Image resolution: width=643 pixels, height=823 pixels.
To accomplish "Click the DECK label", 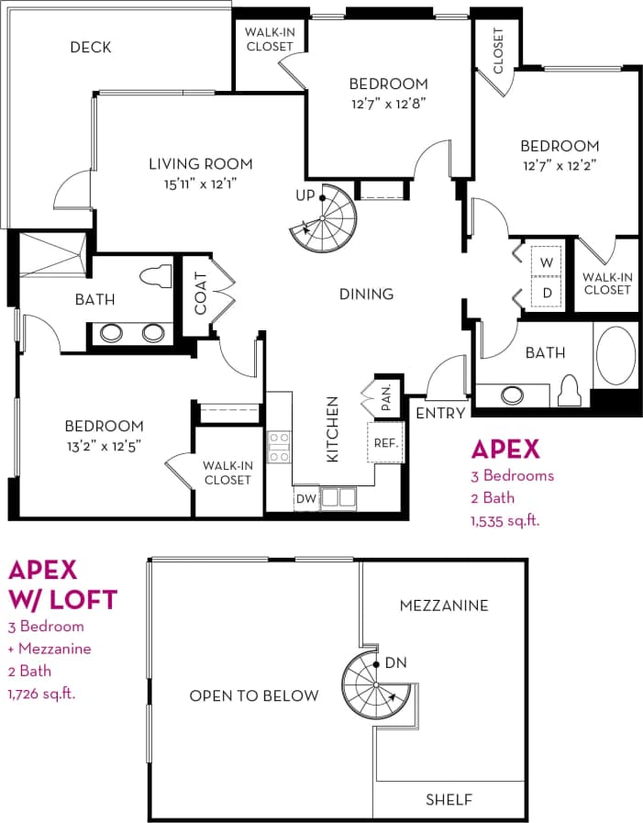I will pyautogui.click(x=91, y=47).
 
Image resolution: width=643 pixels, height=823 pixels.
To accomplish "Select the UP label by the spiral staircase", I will pyautogui.click(x=305, y=195).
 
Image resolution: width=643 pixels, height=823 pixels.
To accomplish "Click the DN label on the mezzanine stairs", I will pyautogui.click(x=396, y=662).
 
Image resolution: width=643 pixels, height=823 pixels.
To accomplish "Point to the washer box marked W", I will pyautogui.click(x=548, y=261).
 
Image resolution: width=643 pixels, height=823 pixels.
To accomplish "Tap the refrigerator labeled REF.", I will pyautogui.click(x=385, y=443).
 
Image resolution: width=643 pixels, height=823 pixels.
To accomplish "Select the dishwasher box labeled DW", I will pyautogui.click(x=305, y=499).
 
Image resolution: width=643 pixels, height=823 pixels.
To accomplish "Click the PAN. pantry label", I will pyautogui.click(x=387, y=394).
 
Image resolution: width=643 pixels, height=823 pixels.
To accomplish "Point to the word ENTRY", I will pyautogui.click(x=440, y=413).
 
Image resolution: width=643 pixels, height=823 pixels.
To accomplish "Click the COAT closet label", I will pyautogui.click(x=200, y=292).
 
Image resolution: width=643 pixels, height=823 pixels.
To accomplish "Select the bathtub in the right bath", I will pyautogui.click(x=615, y=356).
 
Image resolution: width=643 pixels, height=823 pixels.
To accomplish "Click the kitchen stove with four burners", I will pyautogui.click(x=279, y=447).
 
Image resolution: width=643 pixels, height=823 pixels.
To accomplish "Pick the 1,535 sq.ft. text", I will pyautogui.click(x=504, y=520).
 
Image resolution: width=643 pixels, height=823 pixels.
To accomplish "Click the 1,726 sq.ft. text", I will pyautogui.click(x=41, y=693).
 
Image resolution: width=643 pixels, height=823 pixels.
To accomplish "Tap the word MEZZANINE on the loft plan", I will pyautogui.click(x=444, y=606).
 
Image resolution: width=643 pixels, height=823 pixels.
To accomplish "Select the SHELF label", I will pyautogui.click(x=449, y=800).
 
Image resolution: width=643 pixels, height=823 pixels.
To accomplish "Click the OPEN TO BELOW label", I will pyautogui.click(x=254, y=695).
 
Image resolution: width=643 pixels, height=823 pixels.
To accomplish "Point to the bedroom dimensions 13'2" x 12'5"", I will pyautogui.click(x=104, y=445).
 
